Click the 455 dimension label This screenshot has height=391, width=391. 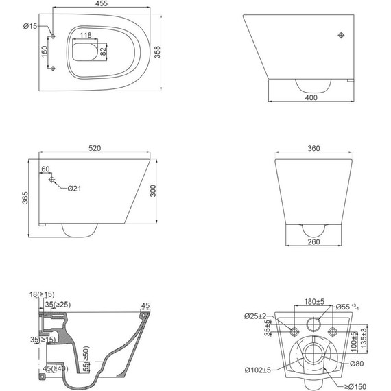pos(102,3)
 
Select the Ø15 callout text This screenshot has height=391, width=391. pos(30,26)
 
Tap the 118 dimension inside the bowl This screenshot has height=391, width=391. pos(86,35)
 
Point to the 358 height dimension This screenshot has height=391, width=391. pos(157,52)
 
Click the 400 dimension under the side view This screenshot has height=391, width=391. pos(311,97)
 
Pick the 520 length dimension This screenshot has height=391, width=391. pos(95,148)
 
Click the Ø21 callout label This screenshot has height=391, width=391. pos(74,189)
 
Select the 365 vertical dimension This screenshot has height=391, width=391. pos(25,198)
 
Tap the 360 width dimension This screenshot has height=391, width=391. pos(313,148)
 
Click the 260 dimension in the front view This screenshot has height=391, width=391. pos(313,241)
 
